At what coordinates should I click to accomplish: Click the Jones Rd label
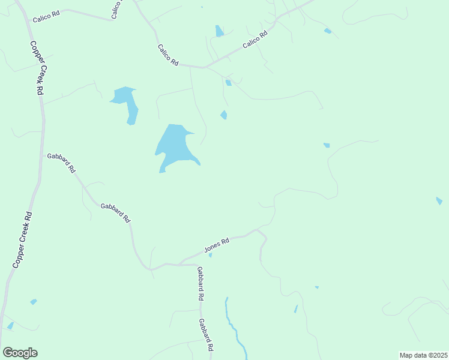[217, 245]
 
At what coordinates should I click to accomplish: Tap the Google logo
[20, 353]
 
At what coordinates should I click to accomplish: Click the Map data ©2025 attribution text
[424, 355]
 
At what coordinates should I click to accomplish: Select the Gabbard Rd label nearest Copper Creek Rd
[61, 163]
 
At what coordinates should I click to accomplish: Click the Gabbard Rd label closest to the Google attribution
[207, 334]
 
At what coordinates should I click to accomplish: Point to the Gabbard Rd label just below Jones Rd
[200, 284]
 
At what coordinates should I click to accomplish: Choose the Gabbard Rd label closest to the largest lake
[115, 212]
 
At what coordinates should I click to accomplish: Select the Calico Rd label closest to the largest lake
[168, 55]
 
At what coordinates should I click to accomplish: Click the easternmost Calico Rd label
[255, 40]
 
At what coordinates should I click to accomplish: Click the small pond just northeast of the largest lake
[224, 115]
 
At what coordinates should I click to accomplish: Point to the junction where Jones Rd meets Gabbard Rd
[180, 263]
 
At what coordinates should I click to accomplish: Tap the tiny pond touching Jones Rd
[210, 255]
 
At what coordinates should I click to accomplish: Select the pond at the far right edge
[439, 200]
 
